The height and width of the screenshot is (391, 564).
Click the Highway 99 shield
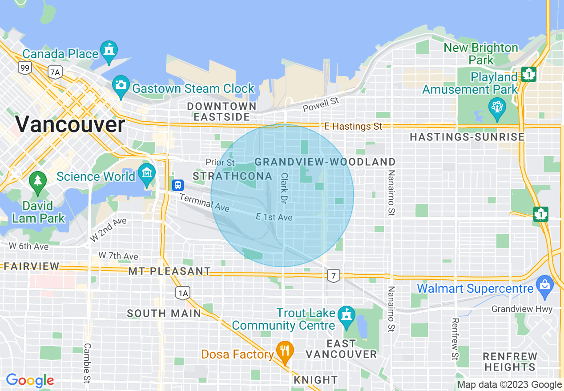(24, 68)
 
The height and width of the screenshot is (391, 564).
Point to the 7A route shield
(55, 72)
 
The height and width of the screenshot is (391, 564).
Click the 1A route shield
(182, 292)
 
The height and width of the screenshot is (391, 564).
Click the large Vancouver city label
(70, 124)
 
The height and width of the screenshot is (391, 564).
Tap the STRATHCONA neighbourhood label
(232, 176)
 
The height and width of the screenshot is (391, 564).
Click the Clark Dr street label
(283, 188)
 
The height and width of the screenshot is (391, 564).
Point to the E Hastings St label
(353, 127)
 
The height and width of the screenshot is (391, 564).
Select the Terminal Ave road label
(204, 202)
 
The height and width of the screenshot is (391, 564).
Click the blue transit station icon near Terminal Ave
(177, 184)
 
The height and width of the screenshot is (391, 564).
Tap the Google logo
(30, 380)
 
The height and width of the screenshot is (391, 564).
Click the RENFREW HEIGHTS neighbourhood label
(510, 362)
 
